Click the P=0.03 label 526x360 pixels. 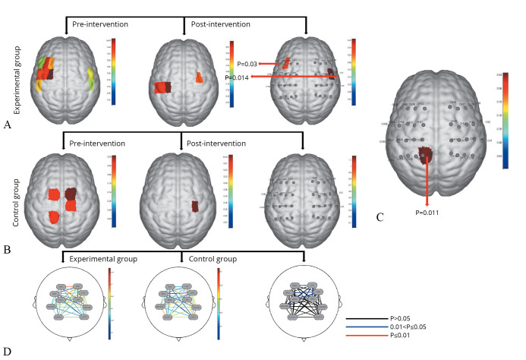click(x=248, y=65)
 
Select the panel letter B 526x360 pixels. click(x=8, y=249)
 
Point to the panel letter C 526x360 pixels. click(x=380, y=218)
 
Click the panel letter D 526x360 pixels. click(x=7, y=351)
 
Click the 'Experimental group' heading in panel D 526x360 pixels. click(x=103, y=259)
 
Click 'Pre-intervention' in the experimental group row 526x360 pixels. click(x=99, y=25)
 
